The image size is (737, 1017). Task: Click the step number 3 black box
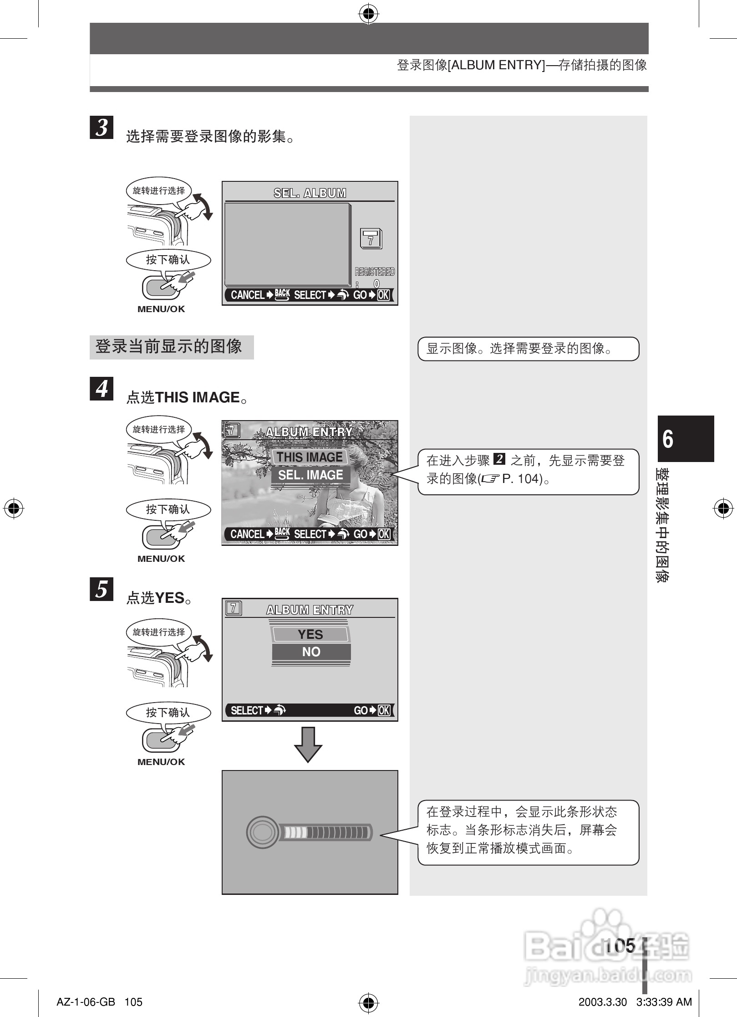pyautogui.click(x=102, y=127)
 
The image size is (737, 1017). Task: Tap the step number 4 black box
pyautogui.click(x=102, y=389)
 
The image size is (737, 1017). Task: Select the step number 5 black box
pyautogui.click(x=102, y=589)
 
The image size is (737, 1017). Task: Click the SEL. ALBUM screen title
pyautogui.click(x=310, y=193)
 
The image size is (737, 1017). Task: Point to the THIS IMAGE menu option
pyautogui.click(x=310, y=457)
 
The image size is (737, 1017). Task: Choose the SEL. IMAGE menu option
pyautogui.click(x=310, y=475)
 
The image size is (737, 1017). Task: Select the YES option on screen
pyautogui.click(x=310, y=634)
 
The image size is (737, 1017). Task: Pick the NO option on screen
pyautogui.click(x=311, y=652)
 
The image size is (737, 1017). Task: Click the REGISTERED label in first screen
pyautogui.click(x=375, y=272)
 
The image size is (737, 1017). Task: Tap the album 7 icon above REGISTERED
pyautogui.click(x=371, y=239)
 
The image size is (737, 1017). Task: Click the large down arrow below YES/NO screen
pyautogui.click(x=308, y=745)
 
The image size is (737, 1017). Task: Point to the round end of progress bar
pyautogui.click(x=261, y=832)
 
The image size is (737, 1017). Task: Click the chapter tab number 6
pyautogui.click(x=668, y=439)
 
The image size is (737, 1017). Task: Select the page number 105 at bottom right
pyautogui.click(x=620, y=945)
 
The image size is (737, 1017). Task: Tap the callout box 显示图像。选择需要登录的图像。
pyautogui.click(x=528, y=349)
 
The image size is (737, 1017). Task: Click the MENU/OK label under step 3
pyautogui.click(x=161, y=309)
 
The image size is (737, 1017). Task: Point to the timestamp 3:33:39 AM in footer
pyautogui.click(x=664, y=1002)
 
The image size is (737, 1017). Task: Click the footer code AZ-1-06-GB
pyautogui.click(x=86, y=1002)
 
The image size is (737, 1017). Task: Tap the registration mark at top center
pyautogui.click(x=369, y=15)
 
